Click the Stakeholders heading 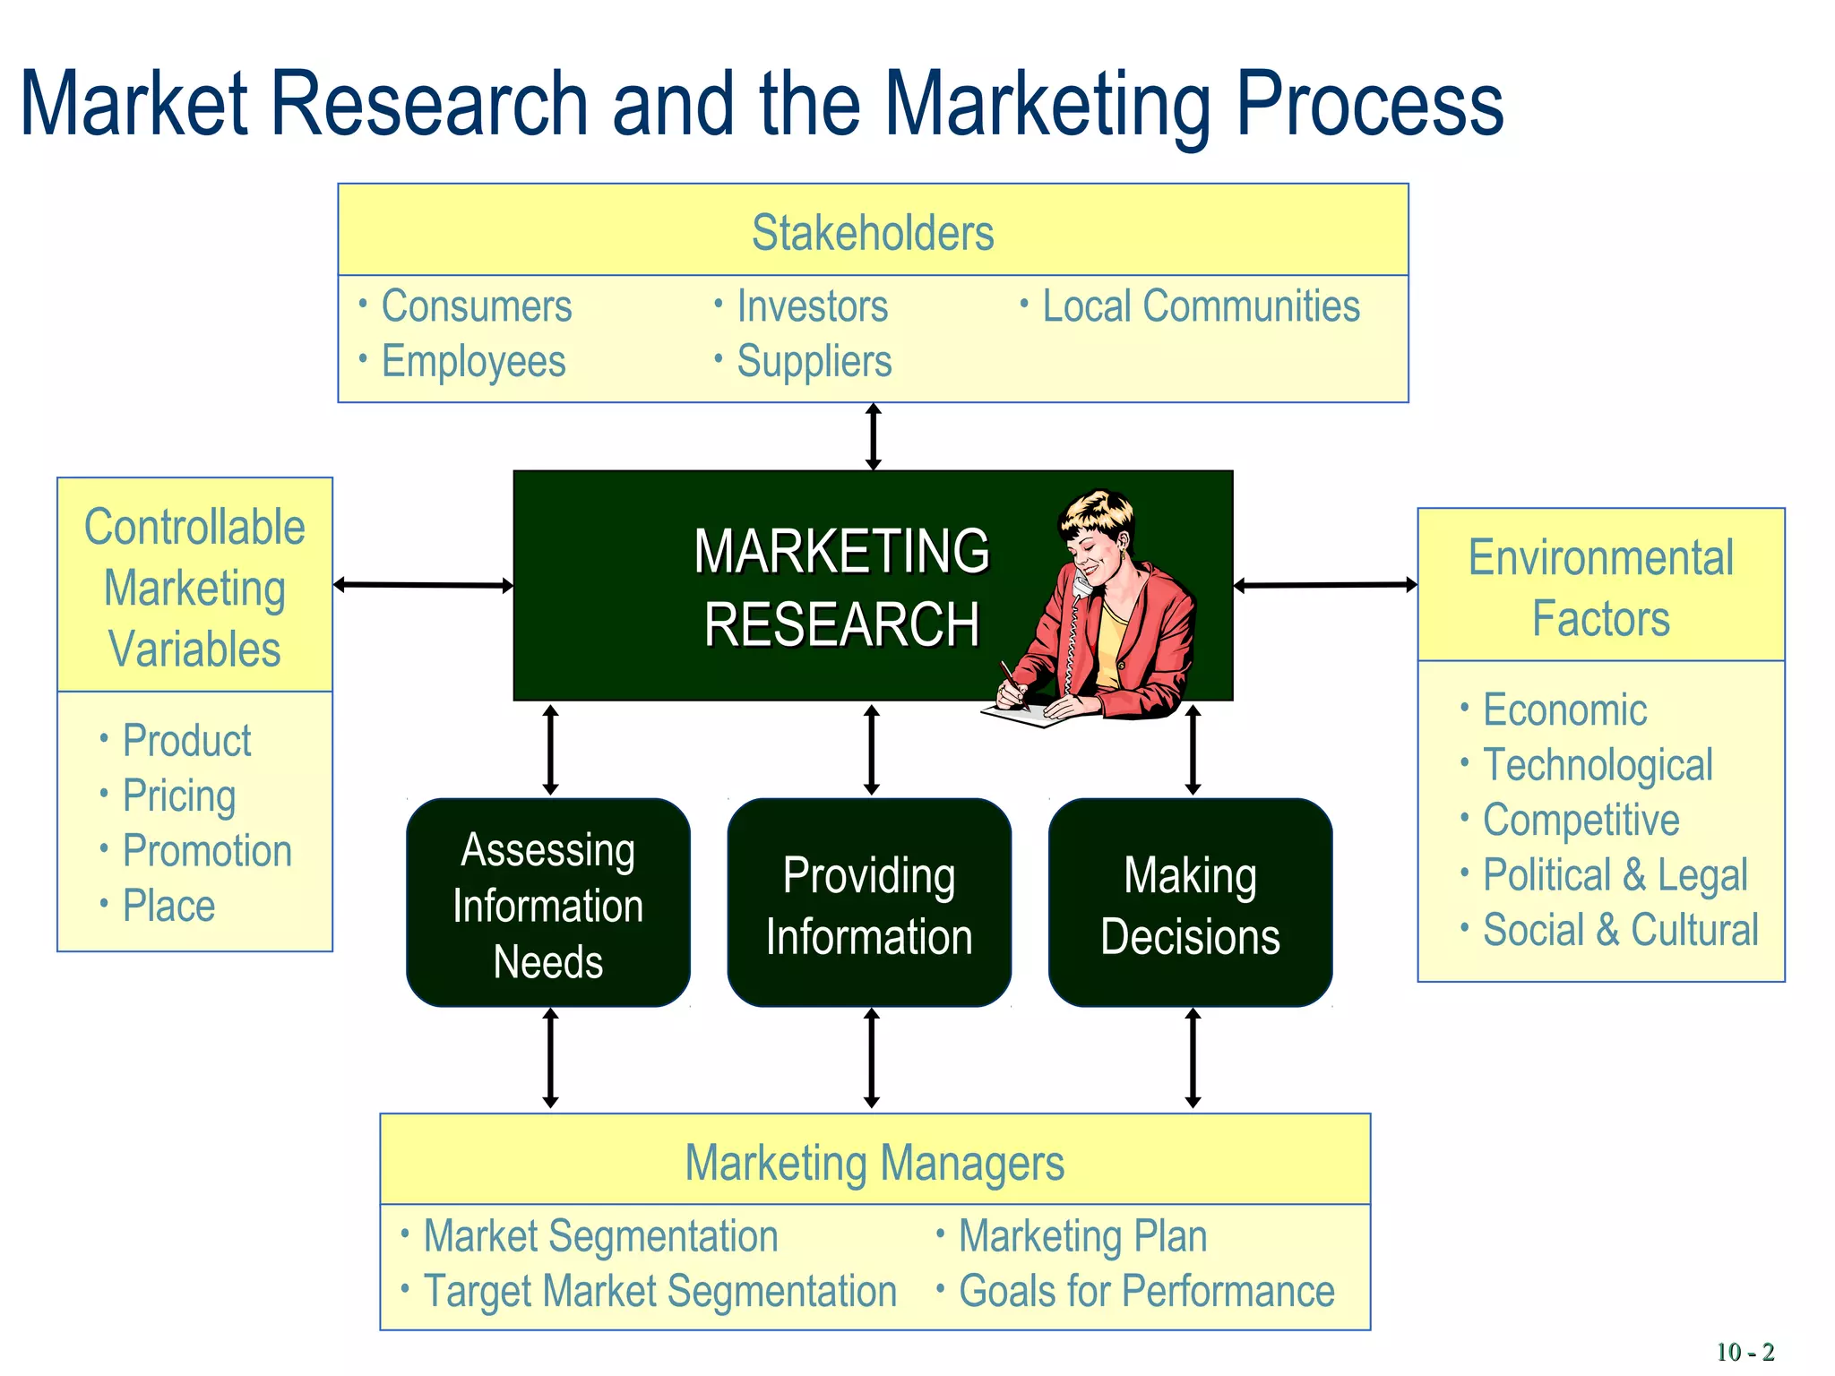point(872,233)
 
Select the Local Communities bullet point(1200,306)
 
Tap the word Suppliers point(814,362)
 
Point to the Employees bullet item point(473,362)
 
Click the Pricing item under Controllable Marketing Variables point(178,795)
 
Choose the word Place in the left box point(168,906)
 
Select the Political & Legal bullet point(1614,874)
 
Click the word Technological point(1597,765)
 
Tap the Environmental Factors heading point(1600,588)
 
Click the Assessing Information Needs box point(547,903)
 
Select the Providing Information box point(868,903)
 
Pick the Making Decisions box point(1190,903)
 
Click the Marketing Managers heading point(874,1163)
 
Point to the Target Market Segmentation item point(659,1291)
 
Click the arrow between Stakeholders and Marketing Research point(873,437)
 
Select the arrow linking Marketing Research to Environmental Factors point(1324,585)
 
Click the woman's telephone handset point(1081,585)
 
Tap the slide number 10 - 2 point(1744,1351)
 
